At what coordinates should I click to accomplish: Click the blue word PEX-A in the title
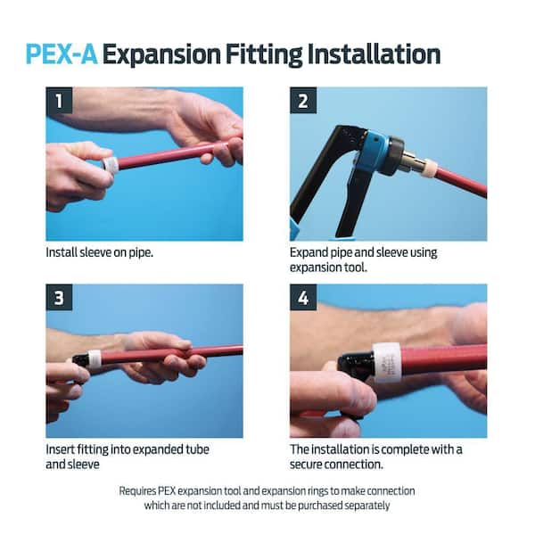pyautogui.click(x=62, y=54)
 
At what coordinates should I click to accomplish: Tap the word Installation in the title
pyautogui.click(x=374, y=54)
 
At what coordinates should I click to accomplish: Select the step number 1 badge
pyautogui.click(x=59, y=101)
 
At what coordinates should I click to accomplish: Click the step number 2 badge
pyautogui.click(x=303, y=101)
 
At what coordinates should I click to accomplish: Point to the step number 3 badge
pyautogui.click(x=59, y=298)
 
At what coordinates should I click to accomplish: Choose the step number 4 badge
pyautogui.click(x=303, y=298)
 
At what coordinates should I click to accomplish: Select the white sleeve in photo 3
pyautogui.click(x=94, y=360)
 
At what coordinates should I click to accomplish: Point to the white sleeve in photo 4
pyautogui.click(x=388, y=362)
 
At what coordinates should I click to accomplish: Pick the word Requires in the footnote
pyautogui.click(x=137, y=491)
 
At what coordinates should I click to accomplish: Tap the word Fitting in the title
pyautogui.click(x=264, y=55)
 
